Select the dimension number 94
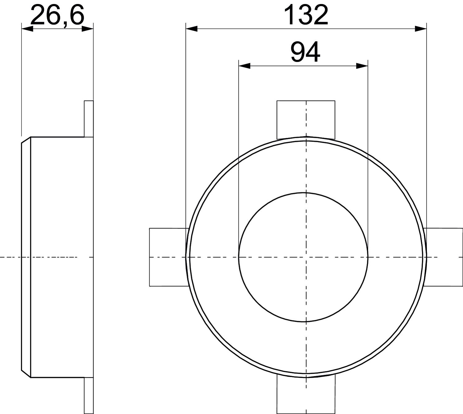pos(305,52)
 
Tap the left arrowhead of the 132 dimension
pos(191,29)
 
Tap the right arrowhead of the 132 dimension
pos(421,29)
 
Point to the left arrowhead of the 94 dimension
pos(244,66)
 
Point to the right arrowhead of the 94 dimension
pos(362,66)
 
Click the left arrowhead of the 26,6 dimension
pos(27,29)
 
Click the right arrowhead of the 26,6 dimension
pos(88,29)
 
